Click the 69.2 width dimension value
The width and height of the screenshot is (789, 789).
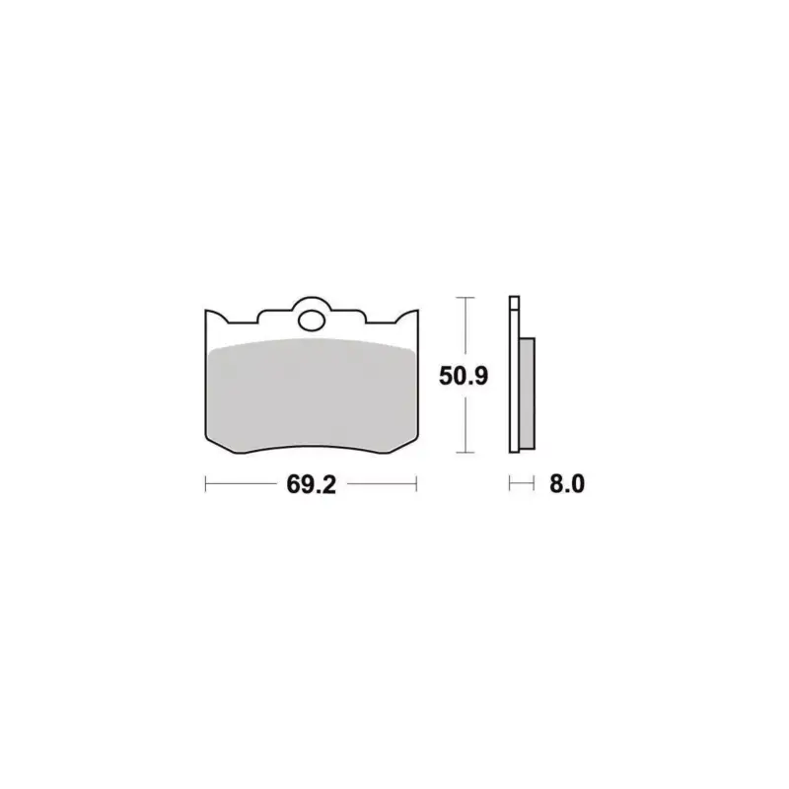click(x=311, y=484)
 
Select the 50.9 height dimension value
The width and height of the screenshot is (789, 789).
click(x=464, y=376)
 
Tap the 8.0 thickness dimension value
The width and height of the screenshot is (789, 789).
click(x=567, y=484)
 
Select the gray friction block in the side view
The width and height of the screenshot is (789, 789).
click(x=527, y=393)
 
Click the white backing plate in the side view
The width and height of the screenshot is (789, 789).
click(x=514, y=375)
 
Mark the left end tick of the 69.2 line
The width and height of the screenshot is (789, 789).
click(x=206, y=484)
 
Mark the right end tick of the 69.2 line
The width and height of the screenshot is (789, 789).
click(x=416, y=484)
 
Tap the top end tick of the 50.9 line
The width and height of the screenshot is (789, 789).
click(x=465, y=298)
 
